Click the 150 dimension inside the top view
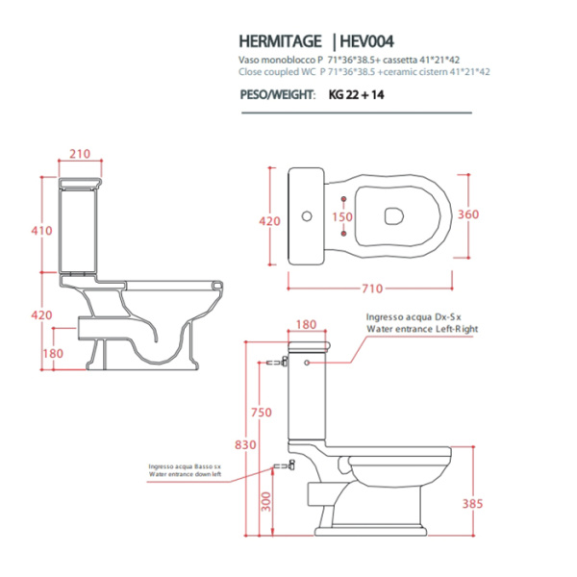click(341, 216)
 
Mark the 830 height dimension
click(248, 444)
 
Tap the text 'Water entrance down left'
click(185, 474)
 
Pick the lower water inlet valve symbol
click(282, 466)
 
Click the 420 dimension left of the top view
click(271, 221)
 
